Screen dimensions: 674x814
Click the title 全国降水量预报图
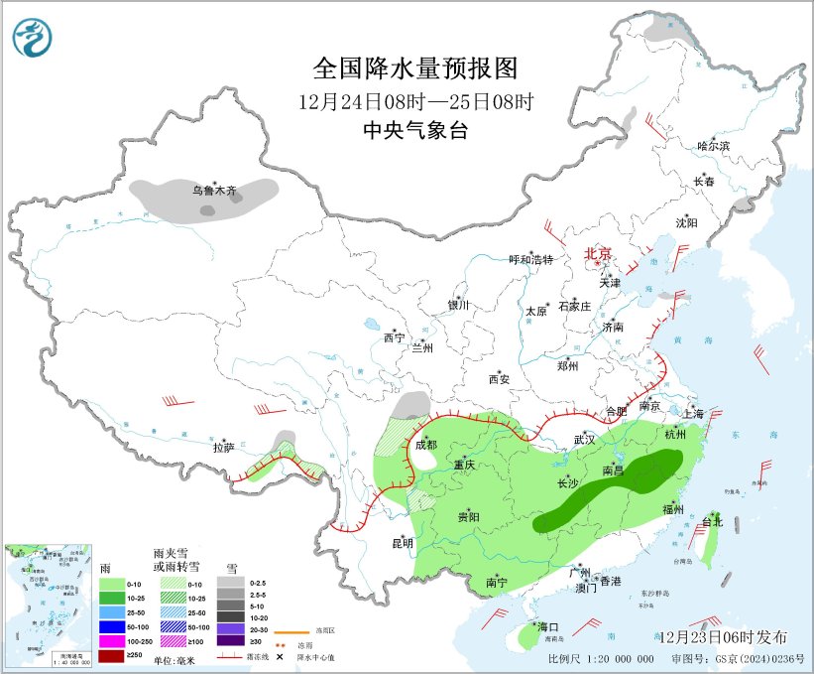coord(415,68)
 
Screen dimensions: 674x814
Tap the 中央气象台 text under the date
coord(415,131)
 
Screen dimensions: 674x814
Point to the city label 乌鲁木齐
coord(215,190)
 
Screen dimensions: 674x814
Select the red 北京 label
coord(599,253)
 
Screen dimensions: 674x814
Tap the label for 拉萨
coord(222,448)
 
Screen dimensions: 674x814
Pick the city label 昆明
coord(402,542)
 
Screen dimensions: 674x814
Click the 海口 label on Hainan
coord(548,626)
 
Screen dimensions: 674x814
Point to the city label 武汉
coord(584,439)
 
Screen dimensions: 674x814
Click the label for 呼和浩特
coord(530,259)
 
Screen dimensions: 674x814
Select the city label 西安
coord(499,379)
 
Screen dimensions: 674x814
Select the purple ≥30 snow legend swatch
coord(236,641)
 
